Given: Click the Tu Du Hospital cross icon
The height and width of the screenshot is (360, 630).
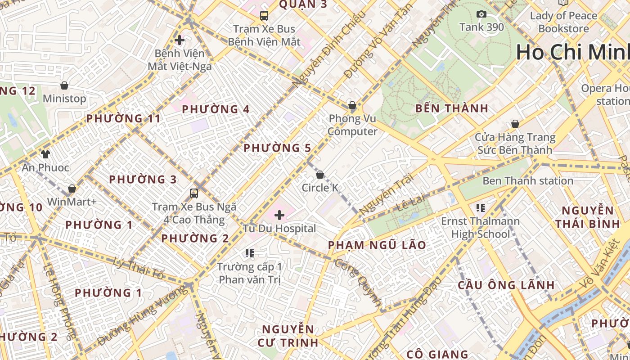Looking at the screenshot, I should pyautogui.click(x=279, y=215).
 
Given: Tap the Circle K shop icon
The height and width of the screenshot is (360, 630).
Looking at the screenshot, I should pyautogui.click(x=320, y=175).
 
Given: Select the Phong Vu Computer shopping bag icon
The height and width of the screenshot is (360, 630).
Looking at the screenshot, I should pyautogui.click(x=352, y=106).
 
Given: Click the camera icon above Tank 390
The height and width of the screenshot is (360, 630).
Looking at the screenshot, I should pyautogui.click(x=481, y=14).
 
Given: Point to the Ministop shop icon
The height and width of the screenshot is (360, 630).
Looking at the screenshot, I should pyautogui.click(x=64, y=85).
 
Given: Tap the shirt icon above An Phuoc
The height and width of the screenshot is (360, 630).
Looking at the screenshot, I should pyautogui.click(x=45, y=154).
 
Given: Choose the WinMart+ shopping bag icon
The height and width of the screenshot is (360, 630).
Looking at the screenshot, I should pyautogui.click(x=72, y=189).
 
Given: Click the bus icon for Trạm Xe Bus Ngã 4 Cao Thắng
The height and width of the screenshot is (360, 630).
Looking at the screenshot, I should pyautogui.click(x=194, y=193).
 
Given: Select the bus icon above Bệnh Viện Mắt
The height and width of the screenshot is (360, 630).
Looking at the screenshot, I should pyautogui.click(x=264, y=16).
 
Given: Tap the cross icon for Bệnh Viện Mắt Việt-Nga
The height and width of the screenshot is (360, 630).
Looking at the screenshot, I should pyautogui.click(x=180, y=40).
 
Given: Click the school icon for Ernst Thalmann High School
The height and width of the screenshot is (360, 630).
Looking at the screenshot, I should pyautogui.click(x=480, y=208).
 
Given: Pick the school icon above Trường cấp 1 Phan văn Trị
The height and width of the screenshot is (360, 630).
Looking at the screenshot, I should pyautogui.click(x=250, y=253).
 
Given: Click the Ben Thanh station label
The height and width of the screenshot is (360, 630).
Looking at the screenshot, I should pyautogui.click(x=528, y=181).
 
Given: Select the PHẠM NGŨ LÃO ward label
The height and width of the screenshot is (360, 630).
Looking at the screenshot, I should pyautogui.click(x=377, y=245).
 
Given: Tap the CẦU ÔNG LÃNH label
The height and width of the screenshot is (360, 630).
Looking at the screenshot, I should pyautogui.click(x=506, y=285).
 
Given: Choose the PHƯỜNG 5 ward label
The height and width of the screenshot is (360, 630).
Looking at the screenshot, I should pyautogui.click(x=277, y=148).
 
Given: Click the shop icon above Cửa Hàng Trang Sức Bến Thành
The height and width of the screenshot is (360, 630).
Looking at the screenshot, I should pyautogui.click(x=515, y=124).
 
